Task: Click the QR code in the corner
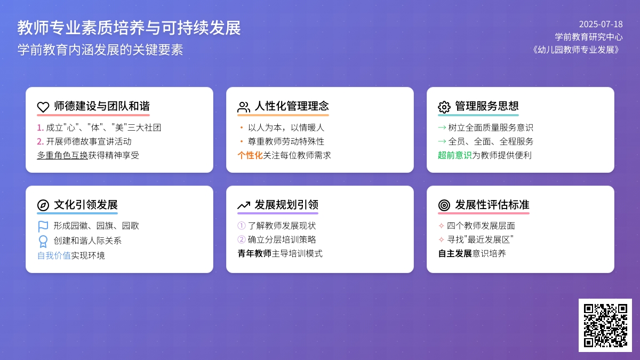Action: (605, 325)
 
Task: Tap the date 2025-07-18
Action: (601, 25)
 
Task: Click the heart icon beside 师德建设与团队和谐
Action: (43, 107)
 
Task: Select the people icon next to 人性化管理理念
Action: (244, 107)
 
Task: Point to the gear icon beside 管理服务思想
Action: (444, 107)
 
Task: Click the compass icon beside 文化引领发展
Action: (43, 205)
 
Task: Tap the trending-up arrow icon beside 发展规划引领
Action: (244, 205)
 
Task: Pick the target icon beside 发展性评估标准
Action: (444, 205)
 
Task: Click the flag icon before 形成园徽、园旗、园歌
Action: (43, 226)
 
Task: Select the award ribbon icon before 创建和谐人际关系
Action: (43, 241)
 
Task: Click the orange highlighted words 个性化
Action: (250, 155)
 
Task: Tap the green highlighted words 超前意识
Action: (455, 155)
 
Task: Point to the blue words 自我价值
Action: (54, 255)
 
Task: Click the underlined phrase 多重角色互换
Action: (62, 155)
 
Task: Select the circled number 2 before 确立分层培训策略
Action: (242, 239)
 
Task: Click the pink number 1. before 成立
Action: (41, 127)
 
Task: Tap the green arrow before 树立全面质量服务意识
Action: (442, 127)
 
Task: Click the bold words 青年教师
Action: (254, 253)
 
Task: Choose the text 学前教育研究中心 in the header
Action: (589, 37)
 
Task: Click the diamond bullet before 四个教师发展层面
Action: (442, 226)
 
